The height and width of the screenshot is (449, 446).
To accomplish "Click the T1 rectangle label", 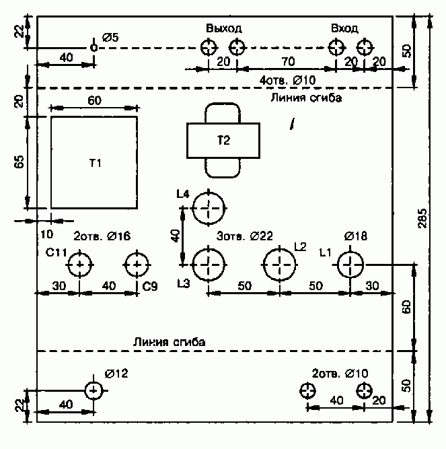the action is [x=96, y=163].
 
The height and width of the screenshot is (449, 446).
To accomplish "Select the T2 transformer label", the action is [x=223, y=140].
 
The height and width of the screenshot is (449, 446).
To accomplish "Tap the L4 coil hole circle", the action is [x=209, y=193].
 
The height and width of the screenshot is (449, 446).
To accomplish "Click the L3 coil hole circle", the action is [x=209, y=248].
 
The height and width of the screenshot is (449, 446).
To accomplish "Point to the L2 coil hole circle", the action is [x=279, y=248].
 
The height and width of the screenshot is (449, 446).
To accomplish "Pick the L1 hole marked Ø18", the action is [x=350, y=252].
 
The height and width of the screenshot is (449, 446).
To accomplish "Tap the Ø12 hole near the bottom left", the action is [x=94, y=382].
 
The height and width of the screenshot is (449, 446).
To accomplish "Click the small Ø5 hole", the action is [x=94, y=44].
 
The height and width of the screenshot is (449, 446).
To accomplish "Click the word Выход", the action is [x=224, y=28].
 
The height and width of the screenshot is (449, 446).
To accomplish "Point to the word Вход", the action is [x=344, y=28].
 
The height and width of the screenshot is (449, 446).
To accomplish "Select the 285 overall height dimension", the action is [x=422, y=218].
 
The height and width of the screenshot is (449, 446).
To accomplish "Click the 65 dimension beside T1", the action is [x=20, y=162].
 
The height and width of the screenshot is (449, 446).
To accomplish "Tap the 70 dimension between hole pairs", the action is [x=288, y=61].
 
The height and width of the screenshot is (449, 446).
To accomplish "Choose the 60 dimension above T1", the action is [x=94, y=100].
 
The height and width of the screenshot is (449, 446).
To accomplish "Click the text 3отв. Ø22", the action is [x=245, y=236].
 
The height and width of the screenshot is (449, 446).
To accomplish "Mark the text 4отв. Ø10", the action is [x=287, y=80].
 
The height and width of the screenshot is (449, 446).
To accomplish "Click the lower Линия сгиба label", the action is [x=169, y=342].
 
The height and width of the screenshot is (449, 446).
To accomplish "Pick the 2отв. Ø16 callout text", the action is [x=102, y=236].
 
